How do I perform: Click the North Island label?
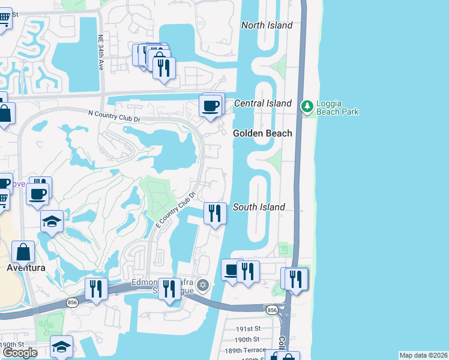coord(267,25)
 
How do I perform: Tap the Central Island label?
coord(262,103)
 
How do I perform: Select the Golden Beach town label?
coord(262,133)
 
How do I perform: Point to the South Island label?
coord(259,207)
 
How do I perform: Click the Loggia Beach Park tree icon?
coord(307,106)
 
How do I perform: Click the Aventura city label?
coord(26,268)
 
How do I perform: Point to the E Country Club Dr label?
coord(176,209)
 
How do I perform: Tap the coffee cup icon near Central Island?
coord(210,106)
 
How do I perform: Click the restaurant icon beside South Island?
coord(215,212)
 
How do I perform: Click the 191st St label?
coord(248,329)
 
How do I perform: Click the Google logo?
coord(20,352)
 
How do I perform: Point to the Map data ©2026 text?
coord(423,355)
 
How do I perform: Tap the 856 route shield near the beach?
coord(272,310)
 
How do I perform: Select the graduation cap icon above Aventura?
coord(52,221)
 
